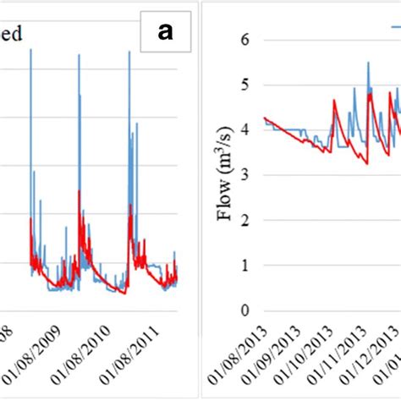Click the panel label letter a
(166, 33)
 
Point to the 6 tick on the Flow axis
(244, 40)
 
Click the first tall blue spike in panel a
(30, 51)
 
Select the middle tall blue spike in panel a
(80, 57)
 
